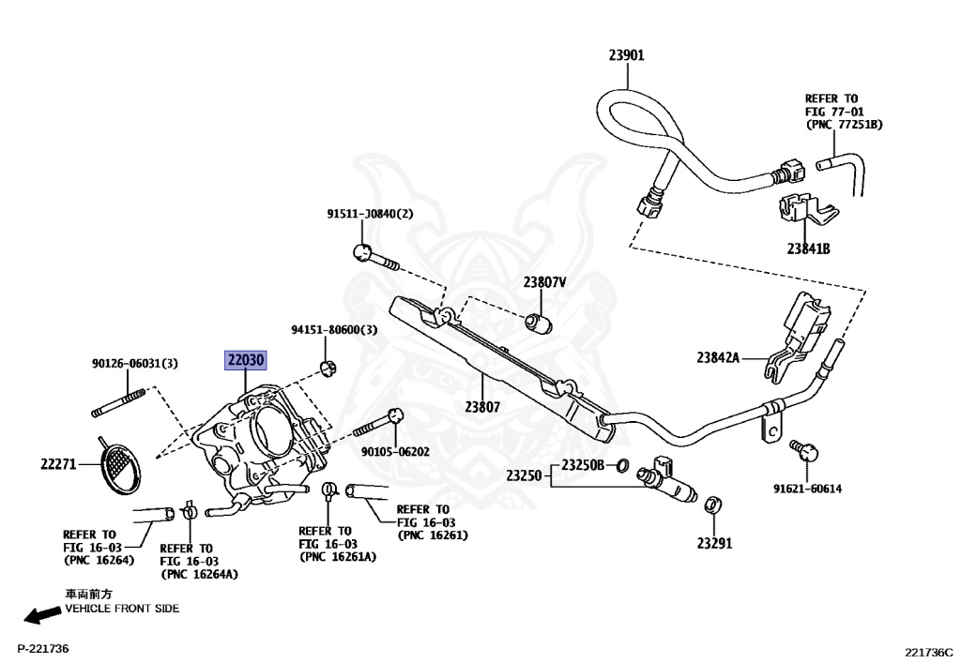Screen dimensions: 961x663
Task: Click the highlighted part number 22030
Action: tap(245, 360)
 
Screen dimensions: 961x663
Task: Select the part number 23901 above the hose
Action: tap(626, 55)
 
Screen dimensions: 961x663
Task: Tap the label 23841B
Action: tap(808, 249)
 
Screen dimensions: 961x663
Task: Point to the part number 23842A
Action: tap(718, 357)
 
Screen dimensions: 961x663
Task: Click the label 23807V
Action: tap(544, 282)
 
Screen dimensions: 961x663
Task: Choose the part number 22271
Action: tap(59, 464)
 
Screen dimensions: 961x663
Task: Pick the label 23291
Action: tap(714, 543)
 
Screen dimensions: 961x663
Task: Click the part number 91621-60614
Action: tap(807, 489)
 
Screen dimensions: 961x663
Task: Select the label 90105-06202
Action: tap(395, 452)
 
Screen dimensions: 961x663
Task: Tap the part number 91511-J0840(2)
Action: tap(370, 214)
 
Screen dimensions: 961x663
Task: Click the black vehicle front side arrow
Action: tap(42, 614)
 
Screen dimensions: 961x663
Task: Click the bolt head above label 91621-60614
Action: tap(809, 452)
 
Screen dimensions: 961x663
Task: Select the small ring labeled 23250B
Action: tap(621, 466)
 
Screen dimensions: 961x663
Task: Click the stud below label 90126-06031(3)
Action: tap(118, 403)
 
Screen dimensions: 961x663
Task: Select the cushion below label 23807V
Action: tap(540, 323)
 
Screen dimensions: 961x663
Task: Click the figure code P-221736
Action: tap(43, 648)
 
